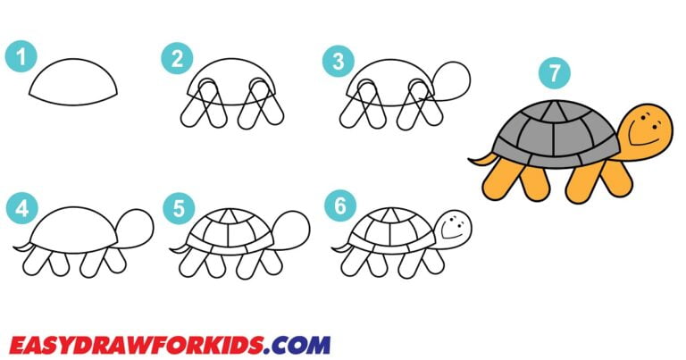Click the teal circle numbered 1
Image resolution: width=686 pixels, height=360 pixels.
[20, 59]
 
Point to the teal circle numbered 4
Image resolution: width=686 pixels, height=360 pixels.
[20, 209]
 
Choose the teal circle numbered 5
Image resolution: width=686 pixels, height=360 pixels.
[179, 209]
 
